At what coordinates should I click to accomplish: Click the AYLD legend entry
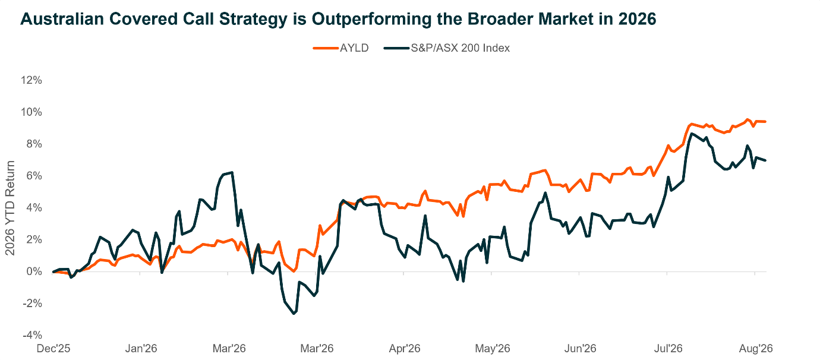[341, 48]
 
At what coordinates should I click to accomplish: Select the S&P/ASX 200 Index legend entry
[447, 48]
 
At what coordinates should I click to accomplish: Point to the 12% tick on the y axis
[31, 80]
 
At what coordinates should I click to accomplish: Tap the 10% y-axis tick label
[31, 112]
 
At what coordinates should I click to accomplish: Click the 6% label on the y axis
[34, 176]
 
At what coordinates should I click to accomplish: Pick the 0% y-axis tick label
[34, 271]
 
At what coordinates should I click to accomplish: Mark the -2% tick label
[33, 304]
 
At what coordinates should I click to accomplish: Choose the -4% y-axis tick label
[33, 335]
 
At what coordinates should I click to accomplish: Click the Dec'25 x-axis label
[53, 349]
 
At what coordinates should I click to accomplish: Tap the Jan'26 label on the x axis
[141, 349]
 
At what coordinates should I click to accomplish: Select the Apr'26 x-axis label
[405, 349]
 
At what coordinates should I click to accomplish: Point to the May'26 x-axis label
[493, 349]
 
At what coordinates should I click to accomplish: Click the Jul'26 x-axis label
[668, 349]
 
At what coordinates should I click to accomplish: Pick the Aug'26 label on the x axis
[756, 349]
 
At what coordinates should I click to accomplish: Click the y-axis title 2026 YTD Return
[10, 208]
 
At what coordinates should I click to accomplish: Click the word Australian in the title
[62, 18]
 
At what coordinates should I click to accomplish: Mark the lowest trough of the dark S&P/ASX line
[294, 314]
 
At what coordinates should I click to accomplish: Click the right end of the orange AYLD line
[765, 121]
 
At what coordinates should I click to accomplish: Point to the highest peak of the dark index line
[691, 134]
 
